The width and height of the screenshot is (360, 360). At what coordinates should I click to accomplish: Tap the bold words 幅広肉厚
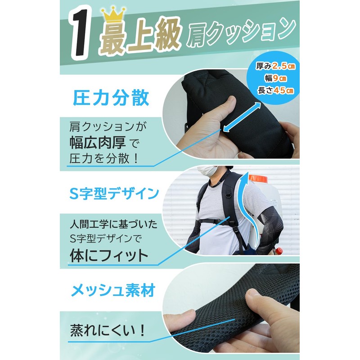click(x=94, y=143)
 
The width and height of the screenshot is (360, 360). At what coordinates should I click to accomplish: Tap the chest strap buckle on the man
click(x=228, y=221)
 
